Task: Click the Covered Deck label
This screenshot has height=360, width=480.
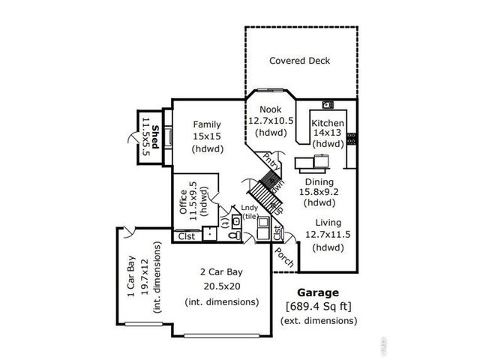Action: click(300, 61)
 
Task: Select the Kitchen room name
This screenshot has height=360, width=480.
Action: click(328, 123)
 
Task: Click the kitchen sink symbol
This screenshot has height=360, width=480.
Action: click(328, 105)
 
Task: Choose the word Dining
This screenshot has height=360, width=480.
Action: click(319, 181)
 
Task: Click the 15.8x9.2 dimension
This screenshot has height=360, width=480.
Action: click(319, 191)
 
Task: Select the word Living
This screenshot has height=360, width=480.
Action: click(327, 223)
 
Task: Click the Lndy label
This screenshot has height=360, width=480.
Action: click(248, 208)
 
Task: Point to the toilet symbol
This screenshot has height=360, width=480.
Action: click(234, 235)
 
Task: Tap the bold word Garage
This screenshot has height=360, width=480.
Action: click(317, 292)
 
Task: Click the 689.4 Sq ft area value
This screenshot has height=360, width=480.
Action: click(317, 306)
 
